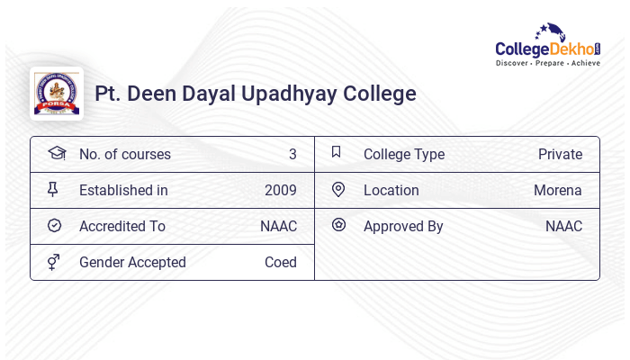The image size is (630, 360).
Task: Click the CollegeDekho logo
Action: point(548,47)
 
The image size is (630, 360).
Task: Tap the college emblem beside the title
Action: point(57,94)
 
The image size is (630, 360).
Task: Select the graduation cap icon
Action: point(57,153)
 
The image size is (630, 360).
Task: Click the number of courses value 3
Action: point(292,154)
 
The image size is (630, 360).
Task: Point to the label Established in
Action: point(123,190)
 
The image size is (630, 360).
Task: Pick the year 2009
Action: point(281,190)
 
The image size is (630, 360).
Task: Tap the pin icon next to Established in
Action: point(53,189)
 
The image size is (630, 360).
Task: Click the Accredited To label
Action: point(122,226)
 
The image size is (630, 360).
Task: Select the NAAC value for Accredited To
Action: point(278,226)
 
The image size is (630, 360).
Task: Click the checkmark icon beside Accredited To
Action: point(54,225)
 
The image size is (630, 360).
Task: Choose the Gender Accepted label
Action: point(132,262)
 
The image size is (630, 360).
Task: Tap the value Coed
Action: point(281,262)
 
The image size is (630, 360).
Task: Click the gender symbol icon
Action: point(54,262)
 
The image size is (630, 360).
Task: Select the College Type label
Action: point(404,154)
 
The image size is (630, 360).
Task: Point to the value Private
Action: point(560,154)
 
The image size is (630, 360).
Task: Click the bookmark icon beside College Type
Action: point(337,152)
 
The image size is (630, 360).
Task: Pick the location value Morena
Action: point(558,190)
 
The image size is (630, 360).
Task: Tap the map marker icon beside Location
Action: point(338,189)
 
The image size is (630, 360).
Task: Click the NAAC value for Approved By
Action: point(563,226)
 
